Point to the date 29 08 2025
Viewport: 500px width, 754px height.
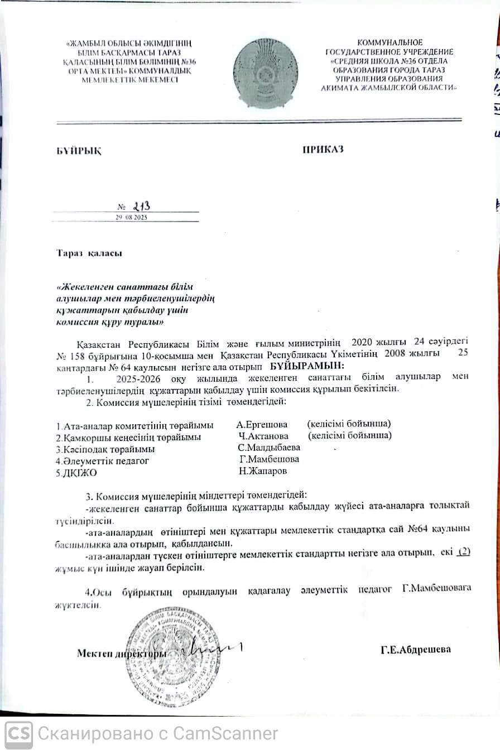click(131, 218)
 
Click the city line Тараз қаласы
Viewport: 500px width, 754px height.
click(89, 252)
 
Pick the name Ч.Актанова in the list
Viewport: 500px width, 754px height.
click(263, 435)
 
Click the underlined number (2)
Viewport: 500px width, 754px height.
click(463, 552)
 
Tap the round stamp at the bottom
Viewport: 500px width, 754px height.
click(172, 656)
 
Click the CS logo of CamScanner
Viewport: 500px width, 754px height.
click(19, 732)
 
